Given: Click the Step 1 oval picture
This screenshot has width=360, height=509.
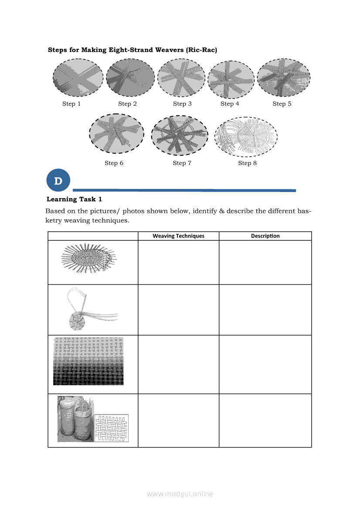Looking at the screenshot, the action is (78, 78).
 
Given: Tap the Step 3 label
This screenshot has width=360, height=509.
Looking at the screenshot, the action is (182, 104).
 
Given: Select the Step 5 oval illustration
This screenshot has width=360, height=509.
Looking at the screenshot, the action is (284, 78).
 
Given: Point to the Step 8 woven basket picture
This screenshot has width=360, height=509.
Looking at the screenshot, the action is (246, 136).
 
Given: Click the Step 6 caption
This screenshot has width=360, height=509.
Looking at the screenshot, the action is (114, 163).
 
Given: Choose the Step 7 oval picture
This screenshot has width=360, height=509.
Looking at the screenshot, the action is (180, 135).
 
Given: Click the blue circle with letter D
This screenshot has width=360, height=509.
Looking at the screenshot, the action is (58, 180).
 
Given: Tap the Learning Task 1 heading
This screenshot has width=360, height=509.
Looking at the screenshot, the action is (74, 199).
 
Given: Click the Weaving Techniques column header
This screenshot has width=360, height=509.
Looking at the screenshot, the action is (178, 236).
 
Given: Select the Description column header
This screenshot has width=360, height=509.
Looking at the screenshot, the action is (265, 236).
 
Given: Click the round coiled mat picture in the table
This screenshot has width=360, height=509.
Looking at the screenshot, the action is (89, 258).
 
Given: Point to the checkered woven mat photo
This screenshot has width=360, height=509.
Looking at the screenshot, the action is (88, 361).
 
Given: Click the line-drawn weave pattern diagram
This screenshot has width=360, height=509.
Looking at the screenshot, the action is (112, 428).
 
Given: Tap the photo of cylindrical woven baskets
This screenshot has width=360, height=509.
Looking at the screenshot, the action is (76, 419).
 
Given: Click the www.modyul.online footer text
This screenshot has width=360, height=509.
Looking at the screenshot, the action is (180, 494).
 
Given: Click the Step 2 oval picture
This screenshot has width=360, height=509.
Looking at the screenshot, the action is (131, 78).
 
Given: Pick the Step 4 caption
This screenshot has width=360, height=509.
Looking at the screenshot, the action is (230, 104).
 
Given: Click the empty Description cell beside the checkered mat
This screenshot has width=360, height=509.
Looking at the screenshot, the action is (265, 364).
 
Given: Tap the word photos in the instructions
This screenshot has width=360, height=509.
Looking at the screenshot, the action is (133, 211).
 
